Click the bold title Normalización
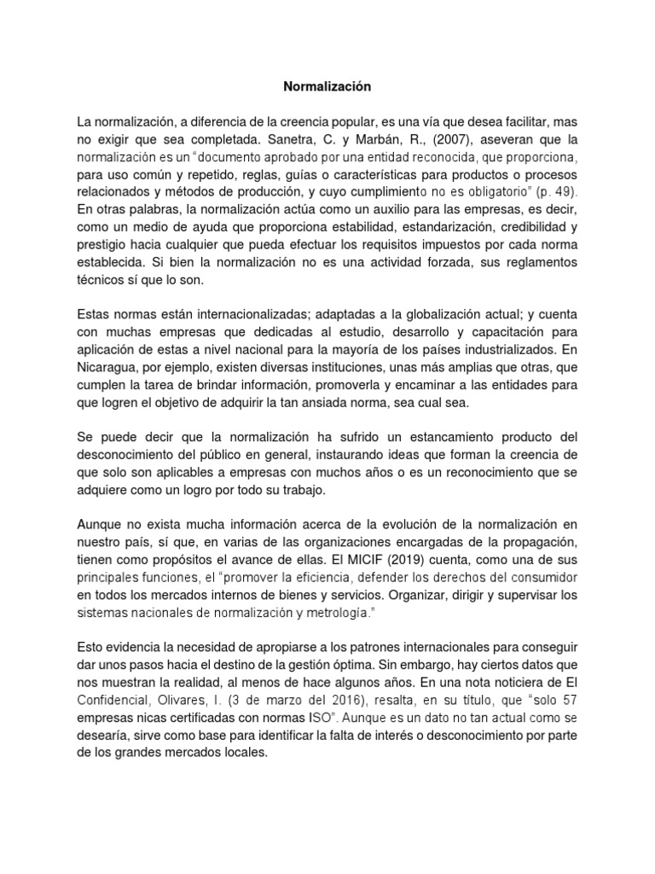click(x=328, y=86)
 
